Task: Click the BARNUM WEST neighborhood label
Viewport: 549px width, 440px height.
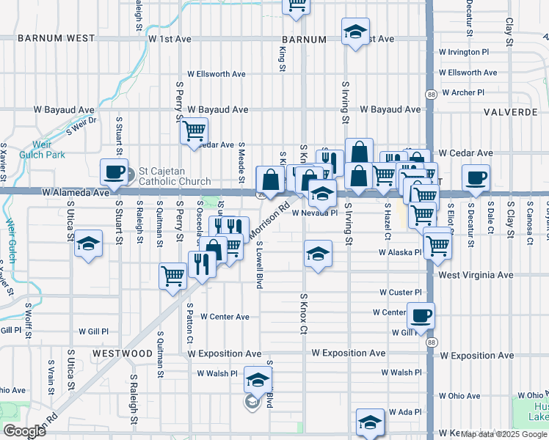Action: click(x=57, y=38)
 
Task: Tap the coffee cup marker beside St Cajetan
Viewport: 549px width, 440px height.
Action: click(x=114, y=172)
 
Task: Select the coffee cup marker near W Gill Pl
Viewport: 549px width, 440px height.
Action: click(x=421, y=316)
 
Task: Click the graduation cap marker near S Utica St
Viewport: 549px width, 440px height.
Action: click(x=88, y=243)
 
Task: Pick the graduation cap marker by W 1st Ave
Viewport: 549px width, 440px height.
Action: click(x=355, y=32)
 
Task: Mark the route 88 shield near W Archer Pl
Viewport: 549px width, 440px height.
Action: click(x=432, y=94)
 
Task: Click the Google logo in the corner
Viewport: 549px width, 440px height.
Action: click(x=24, y=431)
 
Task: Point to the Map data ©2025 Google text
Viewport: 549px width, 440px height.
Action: click(x=503, y=434)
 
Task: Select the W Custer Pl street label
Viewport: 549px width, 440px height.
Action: click(x=401, y=292)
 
